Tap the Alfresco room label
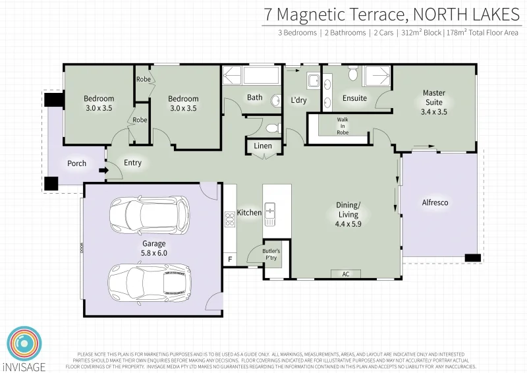pos(435,203)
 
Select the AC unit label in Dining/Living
pos(345,273)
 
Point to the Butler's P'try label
pos(271,255)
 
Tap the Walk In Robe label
pos(343,126)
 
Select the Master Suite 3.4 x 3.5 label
pos(433,102)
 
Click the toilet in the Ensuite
pos(352,74)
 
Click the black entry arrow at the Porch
pos(102,171)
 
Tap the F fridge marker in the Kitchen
pos(230,260)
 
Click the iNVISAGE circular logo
pos(24,344)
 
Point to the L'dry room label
pos(299,100)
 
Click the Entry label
pos(132,163)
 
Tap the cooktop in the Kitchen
pos(230,223)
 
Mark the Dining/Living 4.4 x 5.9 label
pos(348,219)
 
